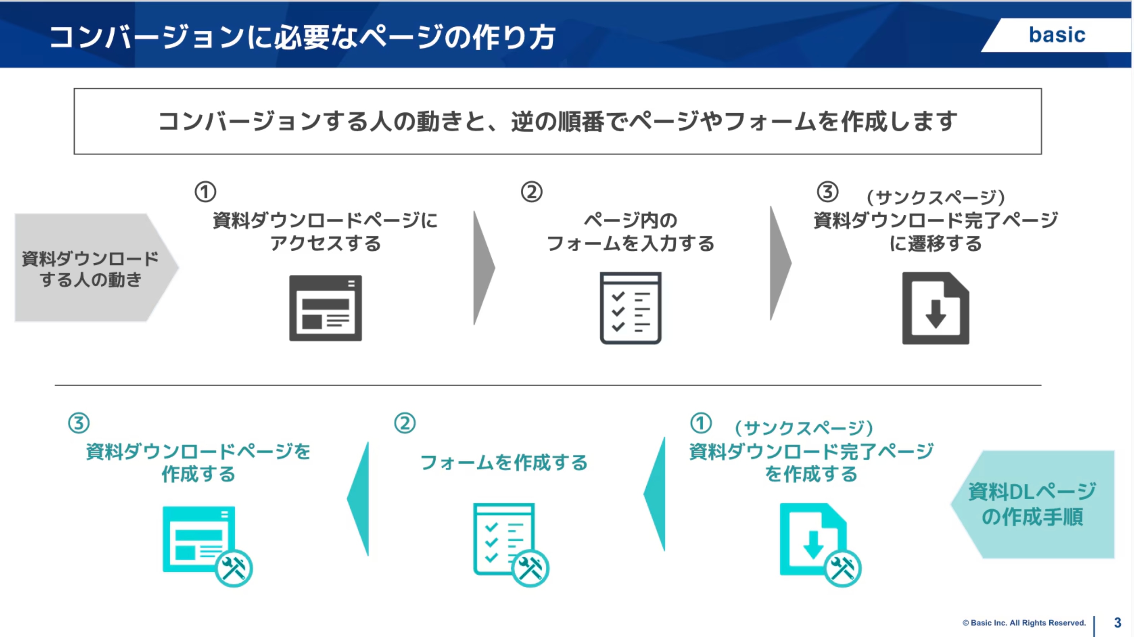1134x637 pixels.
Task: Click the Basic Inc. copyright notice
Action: pyautogui.click(x=1024, y=623)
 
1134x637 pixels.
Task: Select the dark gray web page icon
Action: pyautogui.click(x=325, y=308)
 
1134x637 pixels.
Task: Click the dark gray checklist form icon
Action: pyautogui.click(x=631, y=308)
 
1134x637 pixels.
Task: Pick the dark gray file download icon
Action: pyautogui.click(x=936, y=308)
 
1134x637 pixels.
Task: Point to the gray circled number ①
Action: pyautogui.click(x=206, y=192)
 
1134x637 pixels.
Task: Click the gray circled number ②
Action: pyautogui.click(x=531, y=192)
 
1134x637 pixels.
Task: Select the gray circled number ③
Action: pyautogui.click(x=828, y=192)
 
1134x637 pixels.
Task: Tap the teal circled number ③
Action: pyautogui.click(x=79, y=423)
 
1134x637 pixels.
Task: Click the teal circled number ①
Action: pyautogui.click(x=701, y=423)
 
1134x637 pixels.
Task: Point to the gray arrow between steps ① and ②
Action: pyautogui.click(x=484, y=268)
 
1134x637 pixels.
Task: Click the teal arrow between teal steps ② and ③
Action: pyautogui.click(x=358, y=499)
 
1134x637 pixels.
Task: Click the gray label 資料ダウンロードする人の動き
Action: pyautogui.click(x=90, y=269)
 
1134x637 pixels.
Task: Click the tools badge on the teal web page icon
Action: pyautogui.click(x=234, y=568)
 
